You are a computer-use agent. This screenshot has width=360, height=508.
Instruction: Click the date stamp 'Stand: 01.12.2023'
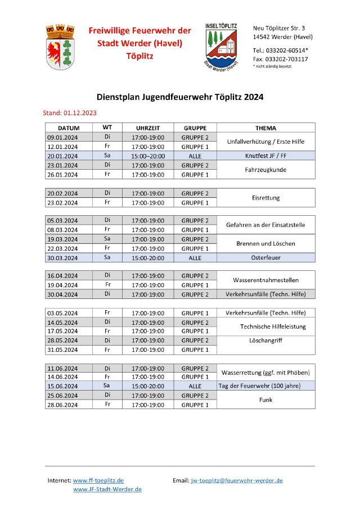click(70, 113)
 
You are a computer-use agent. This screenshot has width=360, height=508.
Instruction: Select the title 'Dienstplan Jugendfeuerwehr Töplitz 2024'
click(179, 97)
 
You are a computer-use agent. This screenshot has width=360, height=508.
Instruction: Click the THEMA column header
click(265, 128)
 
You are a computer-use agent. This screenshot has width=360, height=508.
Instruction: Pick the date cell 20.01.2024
click(63, 156)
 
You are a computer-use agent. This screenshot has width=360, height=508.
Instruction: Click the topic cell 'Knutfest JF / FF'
click(265, 156)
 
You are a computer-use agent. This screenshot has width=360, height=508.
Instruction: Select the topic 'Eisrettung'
click(265, 198)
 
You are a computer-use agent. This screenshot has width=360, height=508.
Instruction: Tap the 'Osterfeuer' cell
click(265, 258)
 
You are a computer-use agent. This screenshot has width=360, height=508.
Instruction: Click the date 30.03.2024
click(63, 258)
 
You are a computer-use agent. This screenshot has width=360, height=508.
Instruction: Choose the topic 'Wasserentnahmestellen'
click(265, 280)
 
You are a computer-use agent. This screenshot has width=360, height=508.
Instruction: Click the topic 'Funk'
click(265, 400)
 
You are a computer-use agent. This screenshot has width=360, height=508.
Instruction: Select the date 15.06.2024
click(63, 386)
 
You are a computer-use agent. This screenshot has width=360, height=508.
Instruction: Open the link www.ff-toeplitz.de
click(98, 480)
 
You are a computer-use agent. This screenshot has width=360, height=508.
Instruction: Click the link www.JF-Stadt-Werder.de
click(107, 489)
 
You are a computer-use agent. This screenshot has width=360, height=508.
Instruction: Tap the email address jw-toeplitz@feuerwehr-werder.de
click(237, 480)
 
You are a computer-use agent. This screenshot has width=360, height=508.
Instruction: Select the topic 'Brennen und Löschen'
click(265, 244)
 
